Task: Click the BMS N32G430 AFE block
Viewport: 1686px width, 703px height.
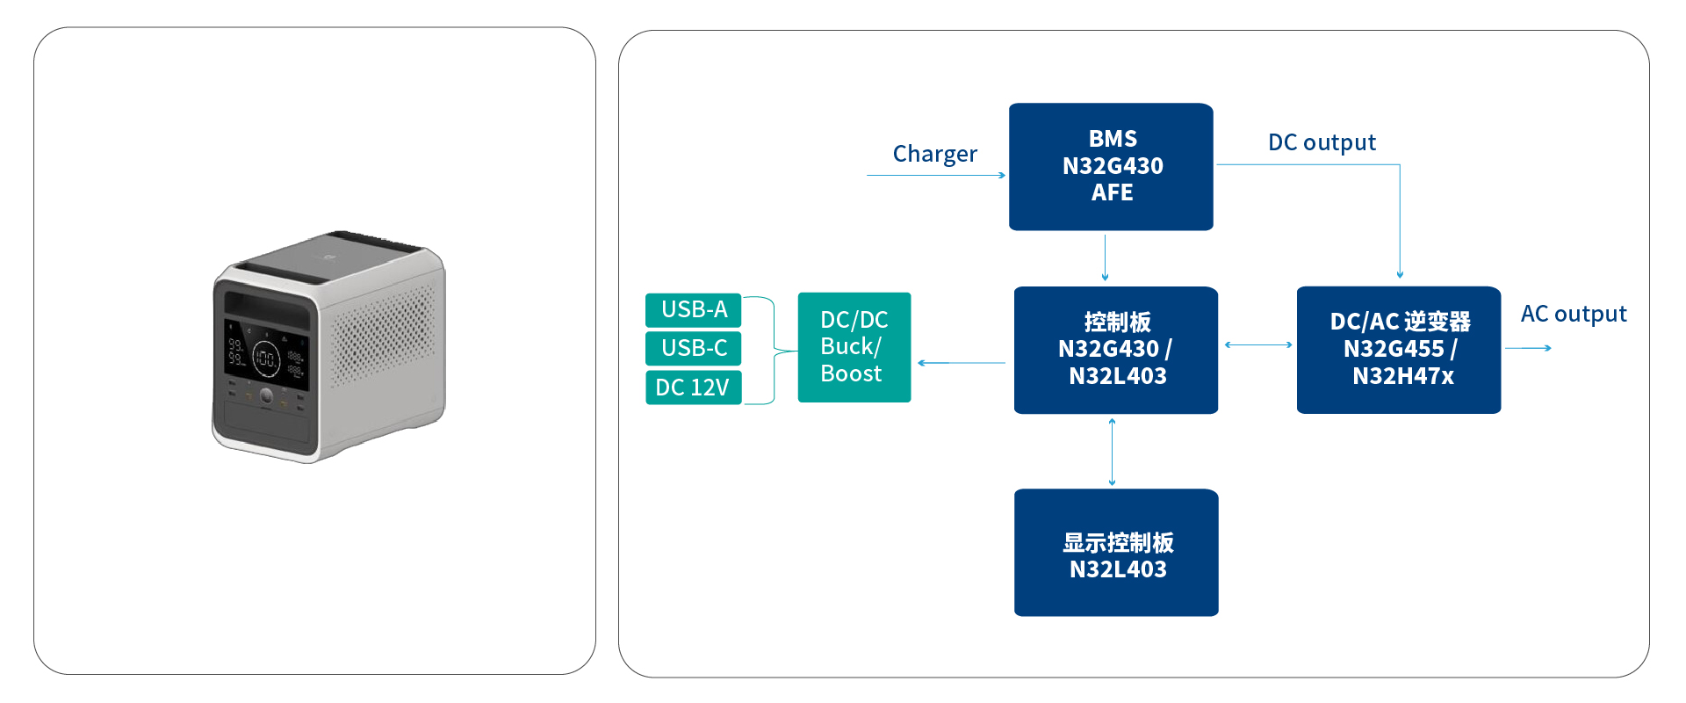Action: pyautogui.click(x=1111, y=167)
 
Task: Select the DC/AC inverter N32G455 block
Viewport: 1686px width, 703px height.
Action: pyautogui.click(x=1399, y=350)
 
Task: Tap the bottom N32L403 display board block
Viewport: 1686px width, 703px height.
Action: pyautogui.click(x=1116, y=553)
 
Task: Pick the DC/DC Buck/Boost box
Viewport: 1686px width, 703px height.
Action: pyautogui.click(x=854, y=347)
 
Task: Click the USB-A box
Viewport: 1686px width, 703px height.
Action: pyautogui.click(x=694, y=310)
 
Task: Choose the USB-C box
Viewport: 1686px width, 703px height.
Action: pyautogui.click(x=694, y=348)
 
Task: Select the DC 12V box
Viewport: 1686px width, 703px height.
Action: pyautogui.click(x=694, y=388)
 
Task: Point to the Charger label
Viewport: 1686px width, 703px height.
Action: pyautogui.click(x=934, y=154)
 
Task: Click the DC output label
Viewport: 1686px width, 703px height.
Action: pyautogui.click(x=1322, y=142)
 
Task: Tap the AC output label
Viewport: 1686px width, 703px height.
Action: pyautogui.click(x=1574, y=314)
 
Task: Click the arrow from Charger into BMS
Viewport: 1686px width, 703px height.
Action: pyautogui.click(x=936, y=176)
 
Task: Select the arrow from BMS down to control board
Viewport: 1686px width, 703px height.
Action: pyautogui.click(x=1105, y=258)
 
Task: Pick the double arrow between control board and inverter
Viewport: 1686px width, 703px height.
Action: pyautogui.click(x=1258, y=345)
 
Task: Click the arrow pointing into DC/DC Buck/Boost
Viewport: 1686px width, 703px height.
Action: pyautogui.click(x=962, y=363)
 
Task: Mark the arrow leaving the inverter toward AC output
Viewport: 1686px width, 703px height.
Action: pyautogui.click(x=1528, y=348)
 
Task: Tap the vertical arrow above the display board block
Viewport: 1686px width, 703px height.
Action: pyautogui.click(x=1113, y=452)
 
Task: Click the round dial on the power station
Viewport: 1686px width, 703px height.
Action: pyautogui.click(x=266, y=396)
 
